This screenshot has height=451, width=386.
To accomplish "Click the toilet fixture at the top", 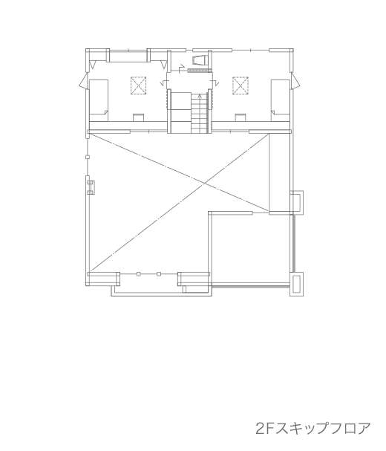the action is click(x=200, y=60).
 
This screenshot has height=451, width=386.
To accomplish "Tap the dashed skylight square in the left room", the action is click(x=139, y=85).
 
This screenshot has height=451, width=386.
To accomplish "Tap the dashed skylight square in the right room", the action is click(x=241, y=85).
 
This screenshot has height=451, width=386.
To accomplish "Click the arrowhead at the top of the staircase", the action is click(x=200, y=96).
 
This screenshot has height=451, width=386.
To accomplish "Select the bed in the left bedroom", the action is click(x=99, y=100).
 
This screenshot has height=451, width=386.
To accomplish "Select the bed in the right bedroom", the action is click(x=281, y=100).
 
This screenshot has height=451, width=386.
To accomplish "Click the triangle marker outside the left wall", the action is click(x=82, y=80).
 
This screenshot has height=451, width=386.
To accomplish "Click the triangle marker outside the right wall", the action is click(x=295, y=80).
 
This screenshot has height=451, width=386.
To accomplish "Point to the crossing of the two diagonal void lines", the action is click(x=204, y=184).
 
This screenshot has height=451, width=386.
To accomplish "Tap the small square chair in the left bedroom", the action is click(x=138, y=117).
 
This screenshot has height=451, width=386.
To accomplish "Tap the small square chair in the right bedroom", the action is click(x=241, y=117).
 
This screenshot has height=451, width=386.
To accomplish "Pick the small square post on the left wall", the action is click(x=88, y=157).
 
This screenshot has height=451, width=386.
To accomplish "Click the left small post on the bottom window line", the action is click(x=139, y=274).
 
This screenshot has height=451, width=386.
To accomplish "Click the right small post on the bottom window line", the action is click(x=159, y=274).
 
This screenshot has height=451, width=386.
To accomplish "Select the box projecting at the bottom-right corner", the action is click(x=296, y=284).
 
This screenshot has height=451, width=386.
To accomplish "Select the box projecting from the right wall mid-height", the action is click(x=296, y=203).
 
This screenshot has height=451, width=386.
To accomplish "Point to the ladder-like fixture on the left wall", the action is click(x=91, y=187).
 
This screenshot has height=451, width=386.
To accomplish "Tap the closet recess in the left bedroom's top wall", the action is click(x=128, y=56).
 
